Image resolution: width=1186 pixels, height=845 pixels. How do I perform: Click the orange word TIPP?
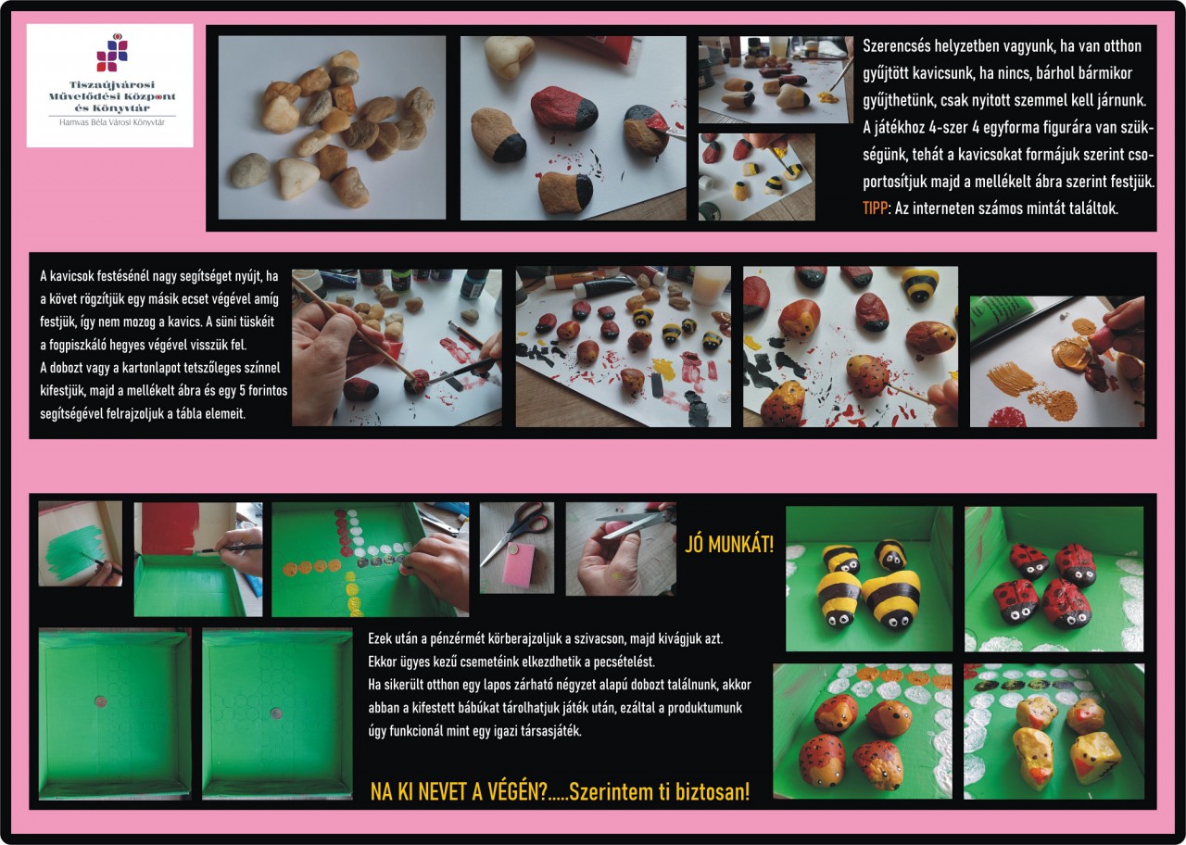click(875, 208)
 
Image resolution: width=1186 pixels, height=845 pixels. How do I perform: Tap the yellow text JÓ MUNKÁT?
click(729, 544)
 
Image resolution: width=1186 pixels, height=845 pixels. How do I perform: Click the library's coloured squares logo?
click(112, 53)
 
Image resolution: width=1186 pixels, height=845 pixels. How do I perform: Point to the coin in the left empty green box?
click(99, 702)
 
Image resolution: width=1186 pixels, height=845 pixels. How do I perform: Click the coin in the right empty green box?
click(276, 713)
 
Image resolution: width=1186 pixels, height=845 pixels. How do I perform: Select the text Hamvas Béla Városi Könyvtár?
click(112, 122)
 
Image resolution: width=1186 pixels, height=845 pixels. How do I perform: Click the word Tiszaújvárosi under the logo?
click(112, 84)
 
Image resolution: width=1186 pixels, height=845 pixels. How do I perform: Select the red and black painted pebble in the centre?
click(564, 107)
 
